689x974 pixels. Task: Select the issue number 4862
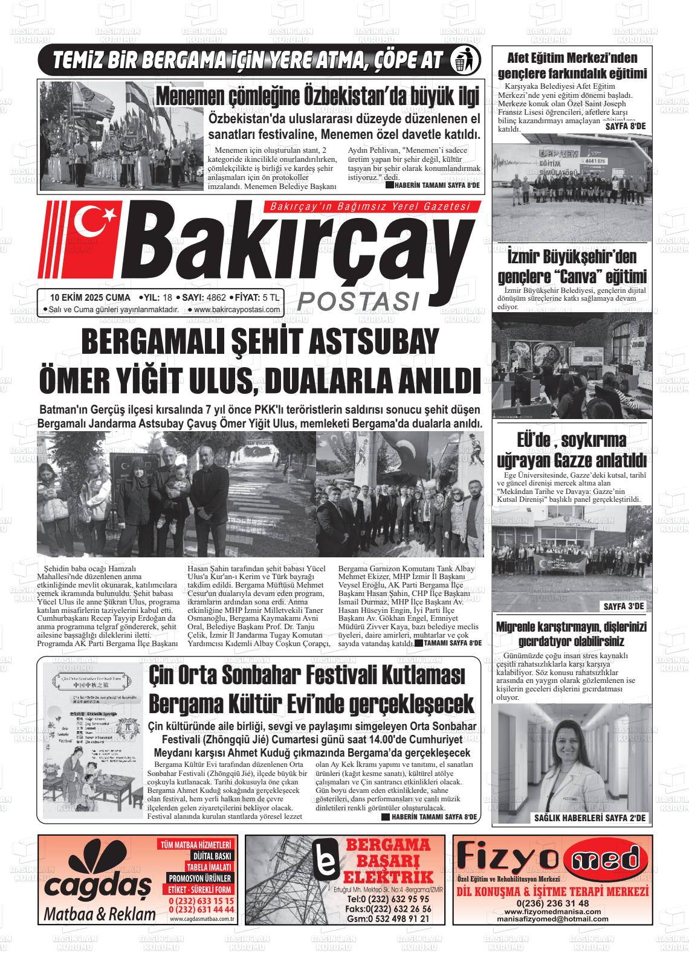216,297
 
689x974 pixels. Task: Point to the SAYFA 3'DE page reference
624,606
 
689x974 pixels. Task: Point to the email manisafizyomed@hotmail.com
552,918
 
